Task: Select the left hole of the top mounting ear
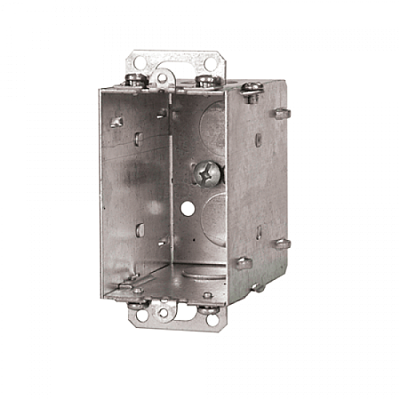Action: [x=138, y=62]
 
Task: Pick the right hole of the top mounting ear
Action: [x=210, y=64]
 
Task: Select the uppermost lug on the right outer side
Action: [x=281, y=113]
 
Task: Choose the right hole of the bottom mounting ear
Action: [x=211, y=318]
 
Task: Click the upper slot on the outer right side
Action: [x=258, y=140]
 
